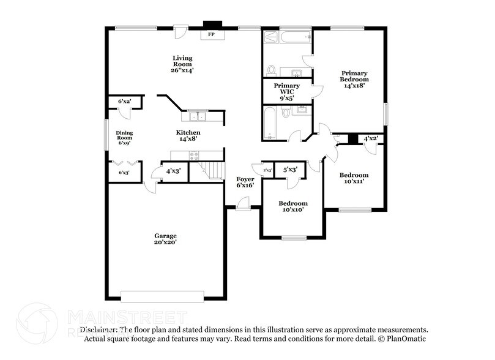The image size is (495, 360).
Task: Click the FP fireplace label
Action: (212, 35)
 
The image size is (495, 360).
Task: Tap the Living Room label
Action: (182, 64)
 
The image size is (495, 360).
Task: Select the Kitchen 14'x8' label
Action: (188, 135)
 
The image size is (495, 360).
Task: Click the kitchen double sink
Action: (198, 116)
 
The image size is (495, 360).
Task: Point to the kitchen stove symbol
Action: (195, 156)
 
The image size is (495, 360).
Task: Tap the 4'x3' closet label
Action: (174, 171)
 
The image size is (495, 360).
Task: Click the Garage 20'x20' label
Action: (165, 239)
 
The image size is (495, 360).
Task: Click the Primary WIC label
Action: (286, 89)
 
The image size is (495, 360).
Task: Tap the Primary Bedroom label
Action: (355, 79)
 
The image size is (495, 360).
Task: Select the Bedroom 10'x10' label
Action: (293, 206)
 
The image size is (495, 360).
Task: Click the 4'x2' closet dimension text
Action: (370, 138)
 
